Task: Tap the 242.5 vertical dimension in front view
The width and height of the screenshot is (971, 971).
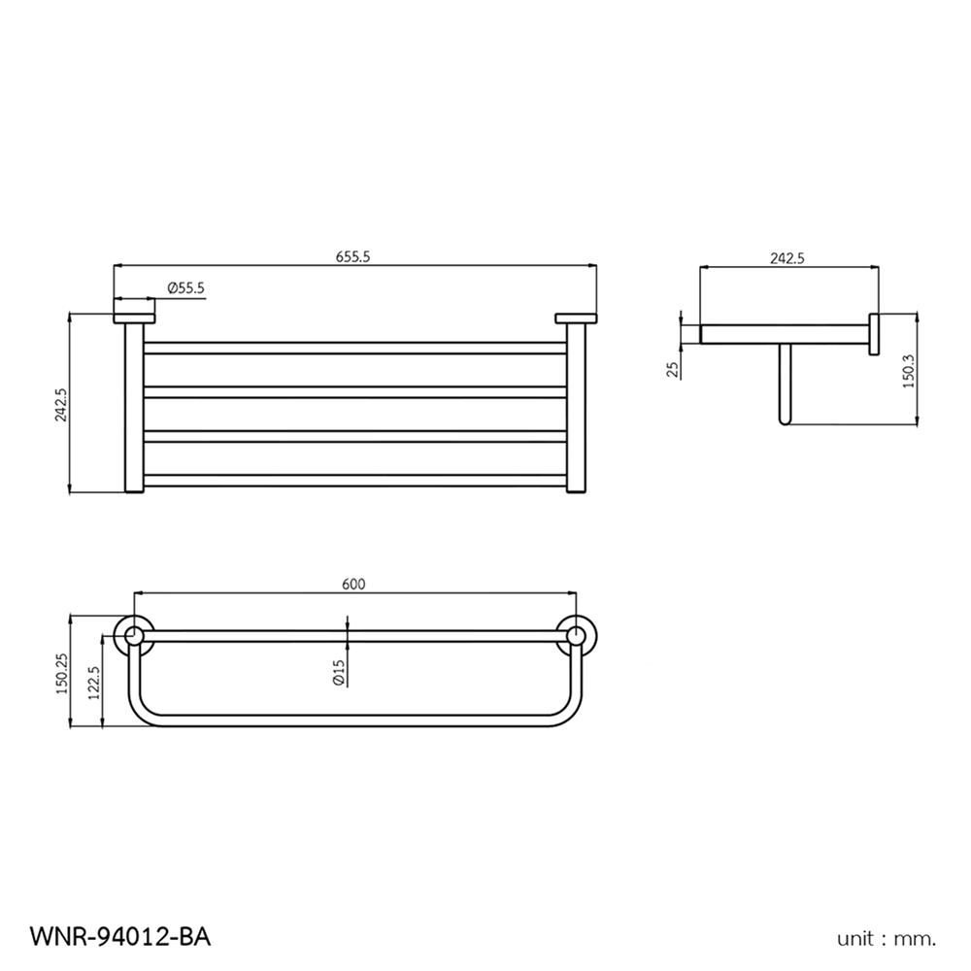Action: click(x=60, y=404)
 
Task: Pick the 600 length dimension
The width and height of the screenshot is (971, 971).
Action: click(x=353, y=584)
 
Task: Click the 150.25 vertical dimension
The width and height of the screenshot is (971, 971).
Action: click(x=60, y=672)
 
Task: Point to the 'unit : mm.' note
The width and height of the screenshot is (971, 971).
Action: click(x=887, y=938)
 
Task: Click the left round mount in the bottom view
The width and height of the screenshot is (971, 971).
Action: click(x=131, y=636)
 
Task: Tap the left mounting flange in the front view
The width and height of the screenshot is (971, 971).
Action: click(x=133, y=318)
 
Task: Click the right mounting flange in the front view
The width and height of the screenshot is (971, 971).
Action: click(x=576, y=318)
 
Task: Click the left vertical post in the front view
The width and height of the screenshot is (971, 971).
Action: click(x=132, y=408)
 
